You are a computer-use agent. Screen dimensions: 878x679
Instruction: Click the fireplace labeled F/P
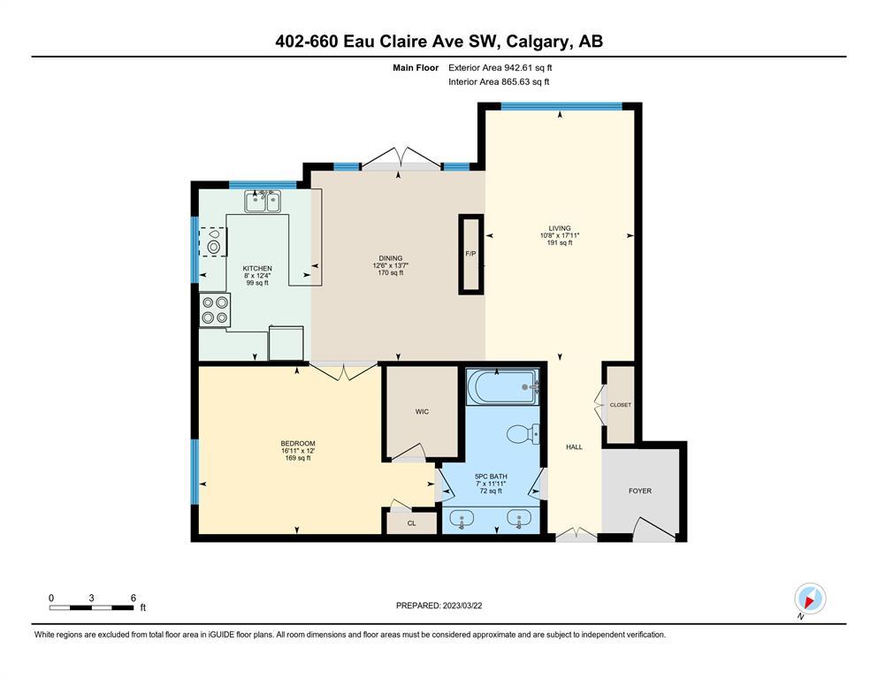click(x=471, y=254)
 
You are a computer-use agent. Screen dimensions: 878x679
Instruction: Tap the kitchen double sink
click(x=263, y=202)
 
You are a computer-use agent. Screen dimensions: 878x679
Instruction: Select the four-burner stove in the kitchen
click(x=215, y=310)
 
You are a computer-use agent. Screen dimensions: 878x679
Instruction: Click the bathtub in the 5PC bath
click(x=502, y=386)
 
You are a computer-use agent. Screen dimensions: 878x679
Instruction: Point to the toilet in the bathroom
click(x=523, y=434)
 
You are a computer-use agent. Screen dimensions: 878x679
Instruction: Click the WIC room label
click(x=423, y=411)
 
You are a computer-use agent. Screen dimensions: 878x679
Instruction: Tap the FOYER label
click(x=640, y=491)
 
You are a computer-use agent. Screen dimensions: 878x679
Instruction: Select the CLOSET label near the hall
click(x=621, y=405)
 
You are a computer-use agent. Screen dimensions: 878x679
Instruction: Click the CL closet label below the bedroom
click(x=411, y=523)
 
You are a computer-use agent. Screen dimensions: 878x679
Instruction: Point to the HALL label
click(x=574, y=446)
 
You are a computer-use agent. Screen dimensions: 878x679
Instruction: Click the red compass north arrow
click(x=809, y=601)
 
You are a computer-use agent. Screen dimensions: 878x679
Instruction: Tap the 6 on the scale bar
click(x=134, y=598)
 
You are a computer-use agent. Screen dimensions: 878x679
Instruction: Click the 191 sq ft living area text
click(x=560, y=243)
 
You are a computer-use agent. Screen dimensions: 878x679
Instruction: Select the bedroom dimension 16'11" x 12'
click(x=298, y=451)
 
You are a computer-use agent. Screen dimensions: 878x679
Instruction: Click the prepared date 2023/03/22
click(x=462, y=606)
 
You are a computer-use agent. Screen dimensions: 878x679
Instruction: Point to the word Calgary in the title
click(x=538, y=42)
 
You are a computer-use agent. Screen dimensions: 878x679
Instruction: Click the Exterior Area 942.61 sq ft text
click(x=500, y=68)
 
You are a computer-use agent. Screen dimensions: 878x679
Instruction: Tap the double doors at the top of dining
click(x=401, y=158)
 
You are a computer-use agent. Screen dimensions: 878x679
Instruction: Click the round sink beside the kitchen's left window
click(x=213, y=246)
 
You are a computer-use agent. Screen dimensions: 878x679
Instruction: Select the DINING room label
click(x=390, y=258)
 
